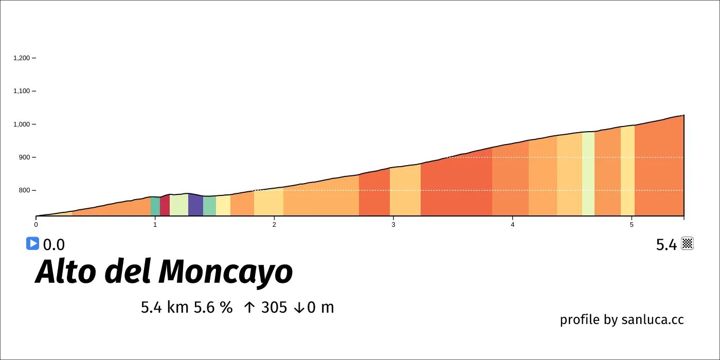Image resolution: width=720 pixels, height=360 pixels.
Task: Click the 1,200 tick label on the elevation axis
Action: pyautogui.click(x=22, y=58)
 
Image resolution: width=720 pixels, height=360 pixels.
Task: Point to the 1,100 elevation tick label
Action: pyautogui.click(x=22, y=91)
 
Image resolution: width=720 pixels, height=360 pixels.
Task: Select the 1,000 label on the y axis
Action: pyautogui.click(x=22, y=124)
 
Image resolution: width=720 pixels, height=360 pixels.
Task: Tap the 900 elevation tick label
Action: pyautogui.click(x=25, y=157)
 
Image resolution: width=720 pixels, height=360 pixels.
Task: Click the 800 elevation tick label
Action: pyautogui.click(x=25, y=190)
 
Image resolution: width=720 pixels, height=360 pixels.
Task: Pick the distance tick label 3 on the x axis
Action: pyautogui.click(x=393, y=224)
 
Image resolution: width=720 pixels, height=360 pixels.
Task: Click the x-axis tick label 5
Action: pyautogui.click(x=632, y=224)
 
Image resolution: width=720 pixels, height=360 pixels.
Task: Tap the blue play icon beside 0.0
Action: pyautogui.click(x=32, y=243)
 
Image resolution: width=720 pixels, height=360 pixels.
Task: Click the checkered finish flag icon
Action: pyautogui.click(x=688, y=244)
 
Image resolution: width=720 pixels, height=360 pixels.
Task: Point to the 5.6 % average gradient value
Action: pyautogui.click(x=213, y=308)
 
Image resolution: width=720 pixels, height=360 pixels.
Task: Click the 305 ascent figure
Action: pyautogui.click(x=274, y=308)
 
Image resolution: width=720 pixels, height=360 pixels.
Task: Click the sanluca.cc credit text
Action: pyautogui.click(x=653, y=319)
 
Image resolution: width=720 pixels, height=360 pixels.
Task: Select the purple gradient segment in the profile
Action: pyautogui.click(x=195, y=206)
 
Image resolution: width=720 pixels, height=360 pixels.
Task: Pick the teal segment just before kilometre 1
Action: pyautogui.click(x=155, y=207)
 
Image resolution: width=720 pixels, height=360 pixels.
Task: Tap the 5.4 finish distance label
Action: pyautogui.click(x=667, y=245)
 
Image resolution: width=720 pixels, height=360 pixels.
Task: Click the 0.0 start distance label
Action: pyautogui.click(x=54, y=245)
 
